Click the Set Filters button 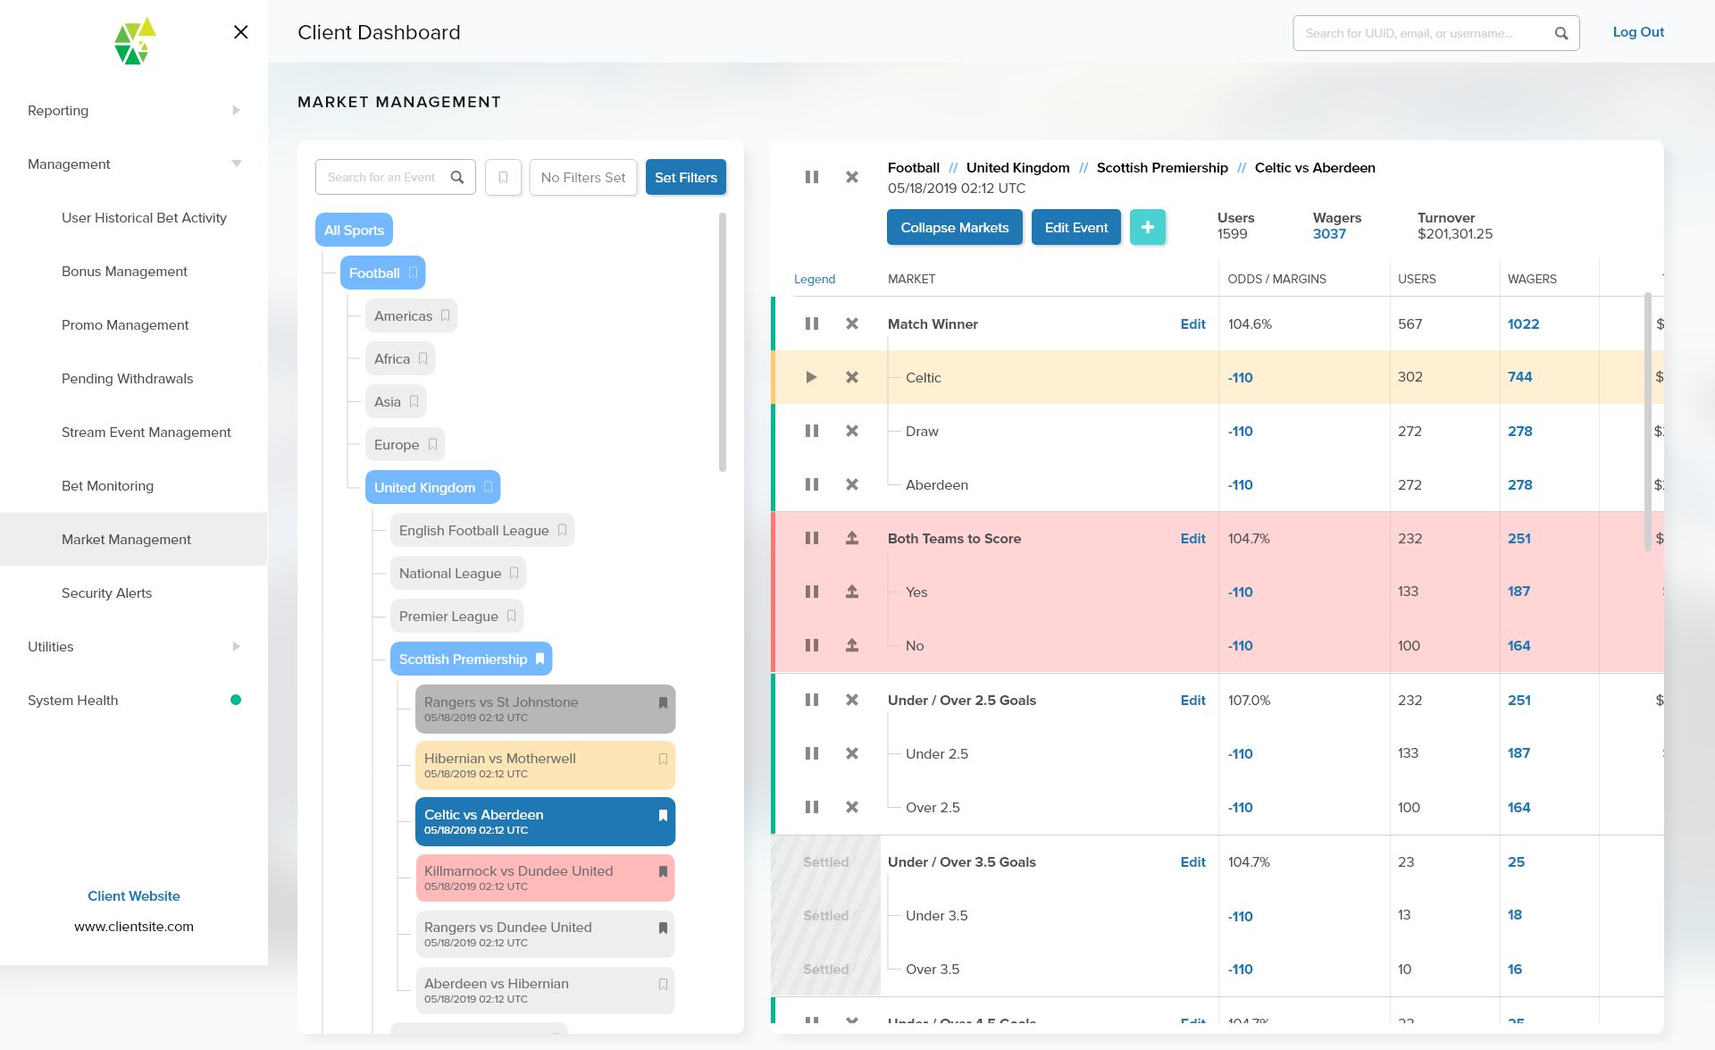tap(685, 177)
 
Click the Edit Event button tap(1075, 228)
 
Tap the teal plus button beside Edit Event tap(1147, 228)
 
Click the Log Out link tap(1637, 32)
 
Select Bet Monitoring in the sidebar tap(107, 486)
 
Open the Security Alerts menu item tap(106, 593)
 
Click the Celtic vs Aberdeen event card tap(544, 821)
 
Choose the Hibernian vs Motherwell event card tap(544, 765)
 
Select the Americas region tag tap(410, 316)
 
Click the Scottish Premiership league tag tap(470, 659)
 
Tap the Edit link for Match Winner tap(1192, 324)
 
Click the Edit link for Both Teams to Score tap(1192, 539)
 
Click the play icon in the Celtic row tap(811, 377)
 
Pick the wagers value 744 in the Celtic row tap(1519, 377)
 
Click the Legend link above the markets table tap(814, 280)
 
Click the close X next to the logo tap(240, 32)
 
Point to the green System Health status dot tap(236, 700)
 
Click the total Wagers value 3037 tap(1328, 234)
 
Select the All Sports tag tap(354, 231)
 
